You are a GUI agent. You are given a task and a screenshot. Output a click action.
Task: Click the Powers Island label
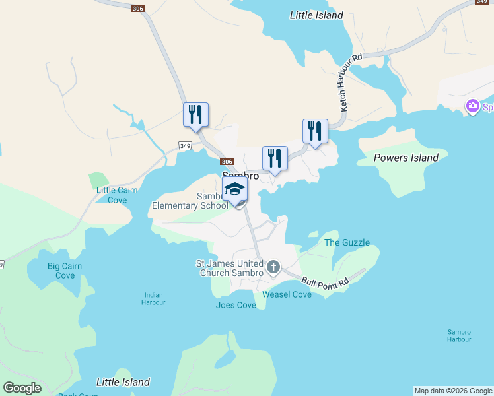406,158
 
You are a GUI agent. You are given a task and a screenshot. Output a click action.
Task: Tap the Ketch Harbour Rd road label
351,82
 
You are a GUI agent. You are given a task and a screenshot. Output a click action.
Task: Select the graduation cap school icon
234,189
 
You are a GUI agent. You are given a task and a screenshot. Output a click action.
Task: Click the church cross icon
273,268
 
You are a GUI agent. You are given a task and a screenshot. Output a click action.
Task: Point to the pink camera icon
472,106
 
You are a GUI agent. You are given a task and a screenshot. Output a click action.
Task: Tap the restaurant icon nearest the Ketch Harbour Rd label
315,131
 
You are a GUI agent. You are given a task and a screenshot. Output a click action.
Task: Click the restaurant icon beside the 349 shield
195,114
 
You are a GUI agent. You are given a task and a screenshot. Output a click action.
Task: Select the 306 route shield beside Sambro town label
227,162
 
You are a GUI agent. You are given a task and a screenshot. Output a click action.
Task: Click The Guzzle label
347,242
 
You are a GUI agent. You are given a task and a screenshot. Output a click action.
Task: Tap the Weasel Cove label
287,294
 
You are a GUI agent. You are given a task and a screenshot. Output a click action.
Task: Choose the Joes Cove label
236,305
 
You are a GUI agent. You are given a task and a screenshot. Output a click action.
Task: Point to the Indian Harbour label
153,298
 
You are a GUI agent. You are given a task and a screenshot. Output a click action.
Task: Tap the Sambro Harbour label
458,335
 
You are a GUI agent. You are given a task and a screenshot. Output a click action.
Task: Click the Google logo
22,388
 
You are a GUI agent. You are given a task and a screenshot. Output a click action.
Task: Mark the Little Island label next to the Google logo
123,382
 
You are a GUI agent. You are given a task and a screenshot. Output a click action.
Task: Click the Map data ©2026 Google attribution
452,391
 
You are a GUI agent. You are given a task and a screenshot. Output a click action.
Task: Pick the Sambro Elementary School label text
190,201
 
